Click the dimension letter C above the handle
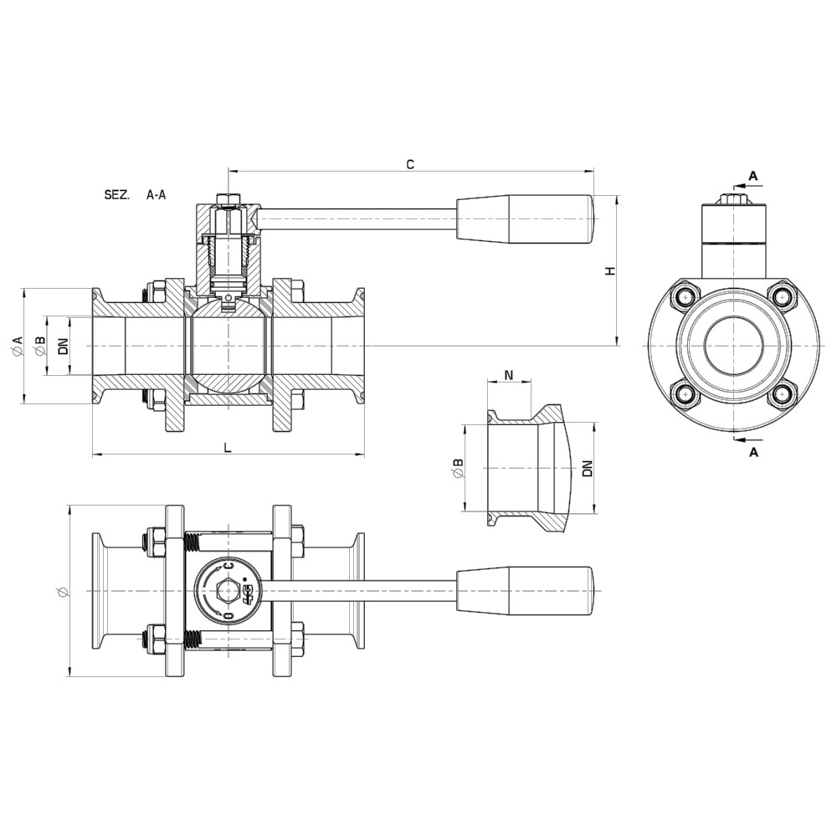pyautogui.click(x=410, y=165)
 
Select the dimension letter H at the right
pyautogui.click(x=610, y=270)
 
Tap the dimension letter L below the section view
pyautogui.click(x=228, y=447)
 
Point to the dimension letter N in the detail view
pyautogui.click(x=509, y=375)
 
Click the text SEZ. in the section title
pyautogui.click(x=116, y=195)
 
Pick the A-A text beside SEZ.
pyautogui.click(x=156, y=195)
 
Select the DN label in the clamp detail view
pyautogui.click(x=588, y=469)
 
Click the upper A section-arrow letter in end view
pyautogui.click(x=752, y=177)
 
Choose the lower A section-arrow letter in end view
pyautogui.click(x=752, y=452)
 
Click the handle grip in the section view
pyautogui.click(x=525, y=218)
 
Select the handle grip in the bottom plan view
pyautogui.click(x=525, y=590)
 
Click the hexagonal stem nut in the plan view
pyautogui.click(x=224, y=590)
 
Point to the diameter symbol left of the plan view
pyautogui.click(x=61, y=592)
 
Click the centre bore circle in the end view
pyautogui.click(x=734, y=344)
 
